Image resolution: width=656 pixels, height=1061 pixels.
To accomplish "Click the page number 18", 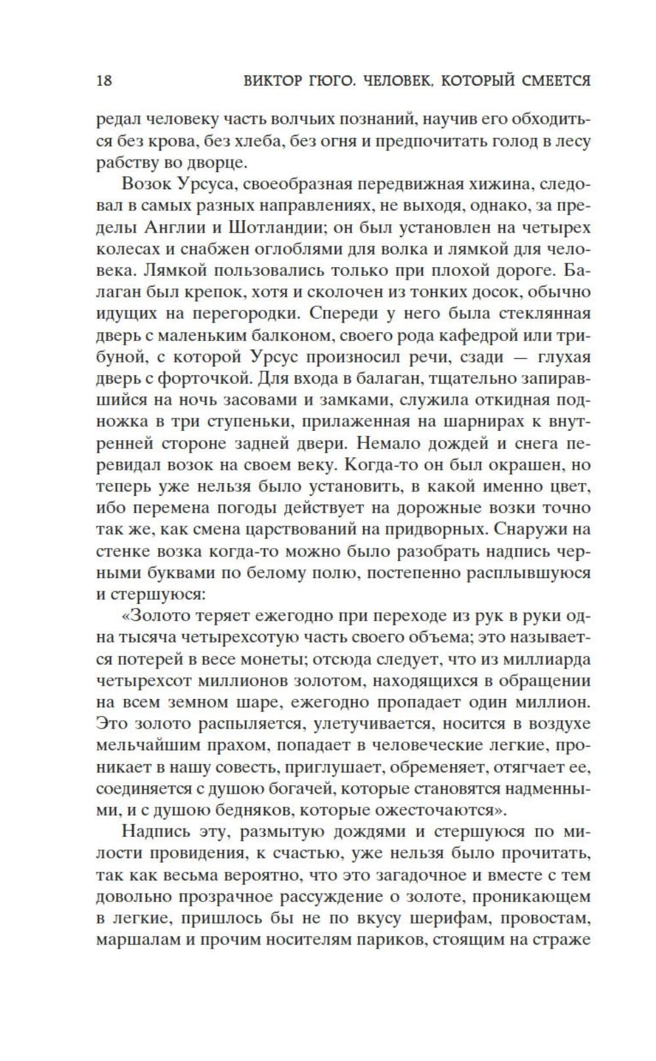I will (x=104, y=81).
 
